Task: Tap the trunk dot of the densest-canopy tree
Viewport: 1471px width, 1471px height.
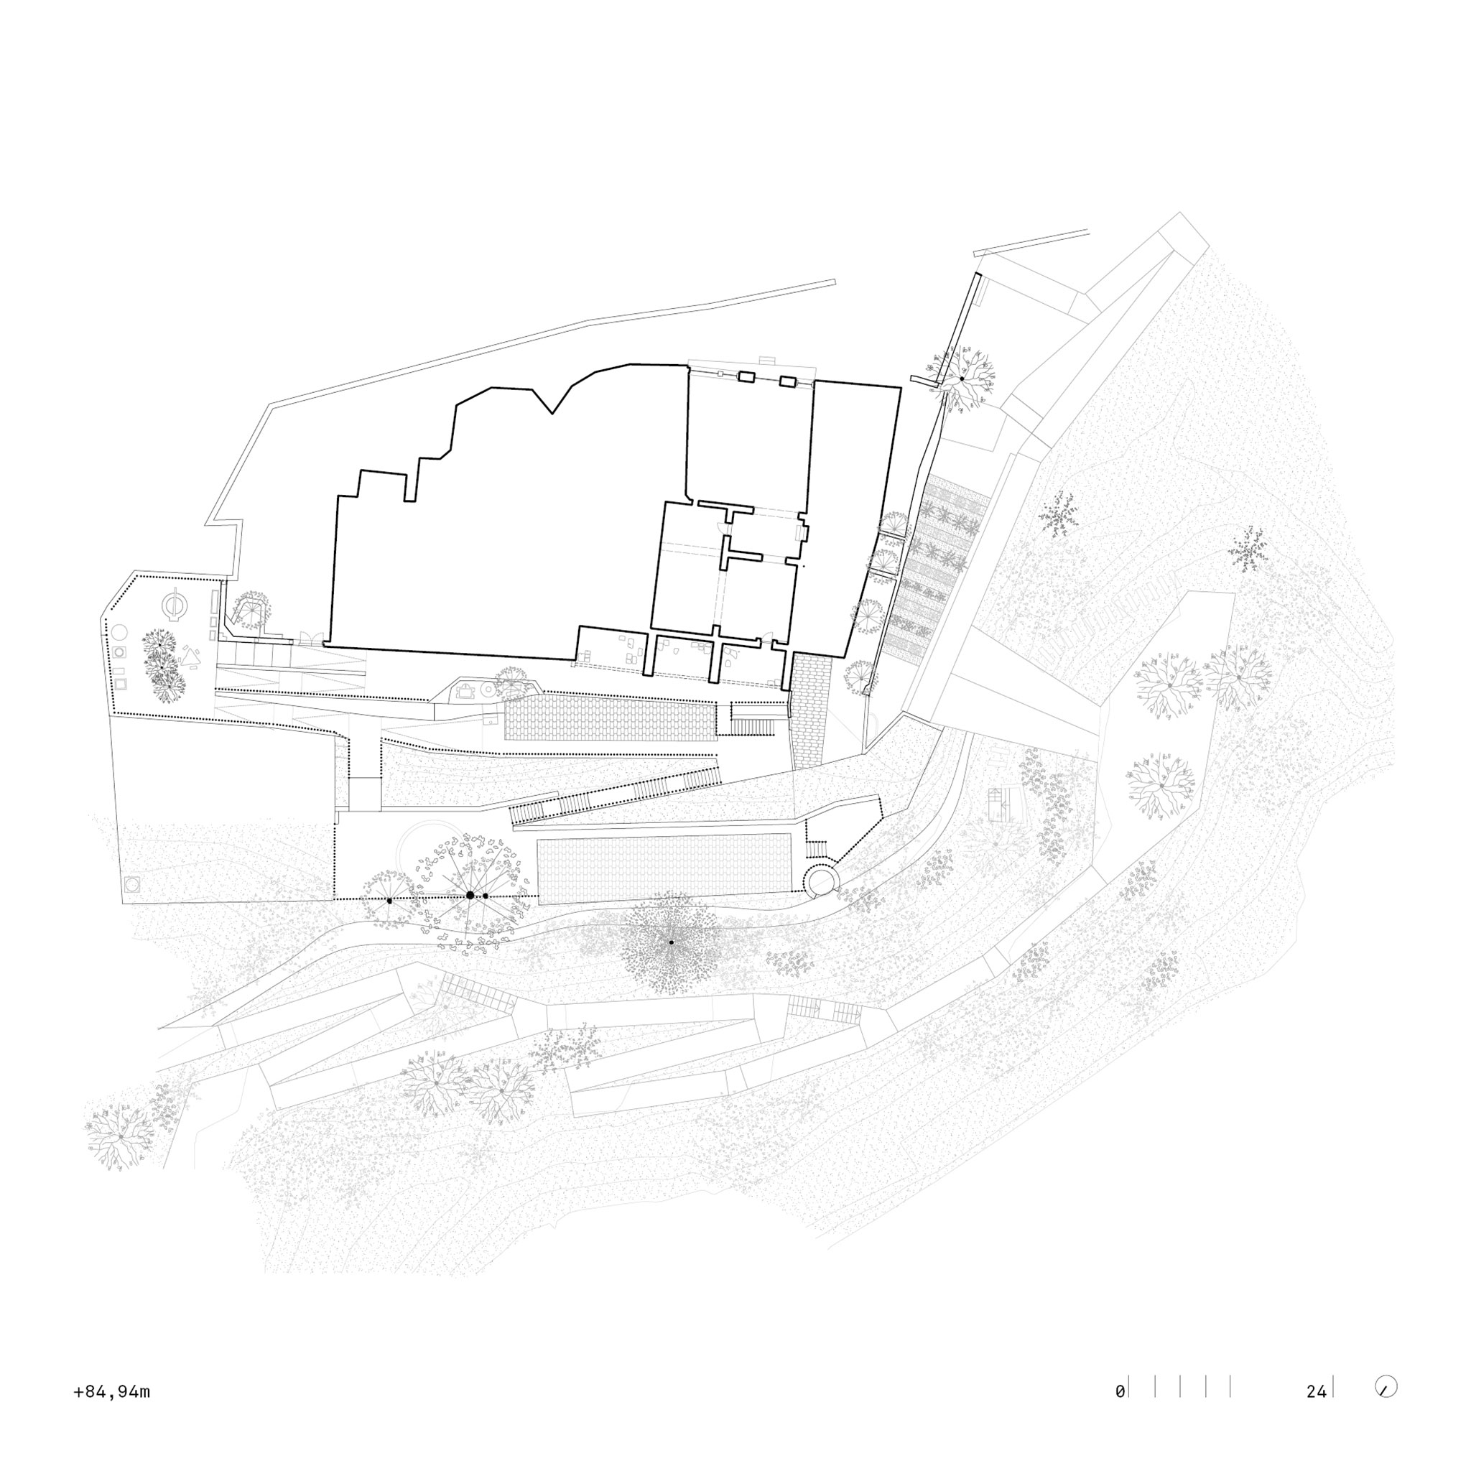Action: [x=671, y=942]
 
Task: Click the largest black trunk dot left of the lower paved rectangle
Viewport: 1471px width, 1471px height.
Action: [x=470, y=896]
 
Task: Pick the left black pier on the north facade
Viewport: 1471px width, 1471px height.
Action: [x=746, y=376]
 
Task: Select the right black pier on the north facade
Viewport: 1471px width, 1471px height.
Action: [x=788, y=381]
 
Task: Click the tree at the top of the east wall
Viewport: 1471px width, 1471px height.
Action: [x=962, y=378]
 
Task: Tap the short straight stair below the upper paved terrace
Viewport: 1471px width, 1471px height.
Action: [x=752, y=720]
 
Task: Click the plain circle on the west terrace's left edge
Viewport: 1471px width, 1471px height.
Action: [x=119, y=631]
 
